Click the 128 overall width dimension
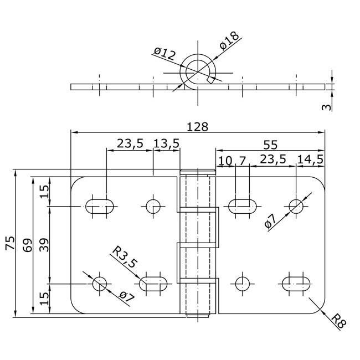pyautogui.click(x=198, y=127)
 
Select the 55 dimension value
pyautogui.click(x=270, y=145)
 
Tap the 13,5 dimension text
pyautogui.click(x=166, y=144)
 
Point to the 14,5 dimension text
pyautogui.click(x=310, y=160)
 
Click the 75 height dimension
pyautogui.click(x=11, y=243)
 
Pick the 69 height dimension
pyautogui.click(x=28, y=245)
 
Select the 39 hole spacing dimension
pyautogui.click(x=44, y=245)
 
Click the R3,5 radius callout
pyautogui.click(x=124, y=256)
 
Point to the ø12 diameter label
pyautogui.click(x=164, y=54)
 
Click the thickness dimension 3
pyautogui.click(x=327, y=107)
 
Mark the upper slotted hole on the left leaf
pyautogui.click(x=100, y=207)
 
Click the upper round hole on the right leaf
pyautogui.click(x=296, y=207)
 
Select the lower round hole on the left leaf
pyautogui.click(x=100, y=284)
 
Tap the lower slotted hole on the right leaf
pyautogui.click(x=296, y=284)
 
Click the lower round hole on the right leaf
pyautogui.click(x=243, y=284)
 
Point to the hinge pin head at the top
pyautogui.click(x=198, y=172)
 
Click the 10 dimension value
pyautogui.click(x=225, y=161)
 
